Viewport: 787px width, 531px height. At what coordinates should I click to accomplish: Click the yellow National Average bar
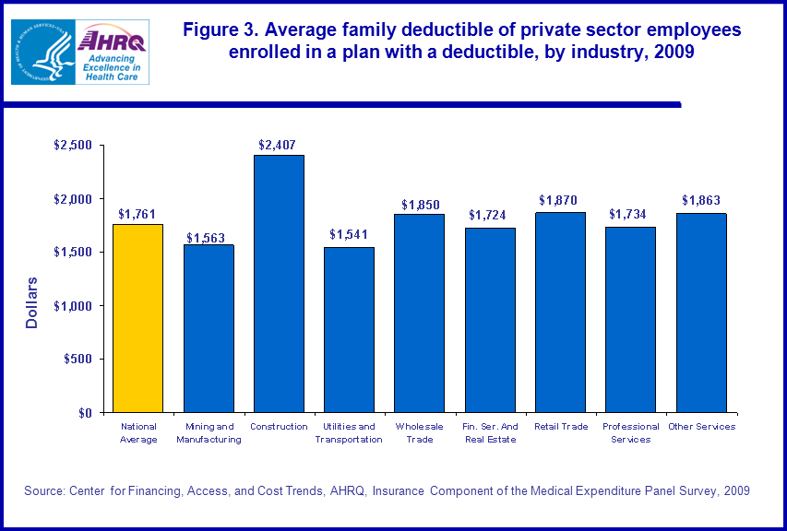[x=137, y=318]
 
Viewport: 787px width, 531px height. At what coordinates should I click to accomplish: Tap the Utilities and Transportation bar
[x=349, y=329]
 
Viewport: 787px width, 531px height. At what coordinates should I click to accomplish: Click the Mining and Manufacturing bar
[x=209, y=328]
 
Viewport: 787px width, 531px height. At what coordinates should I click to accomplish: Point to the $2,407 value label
[x=278, y=144]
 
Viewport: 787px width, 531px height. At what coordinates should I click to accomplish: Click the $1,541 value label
[x=349, y=235]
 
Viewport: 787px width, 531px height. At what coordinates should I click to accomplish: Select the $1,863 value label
[x=701, y=201]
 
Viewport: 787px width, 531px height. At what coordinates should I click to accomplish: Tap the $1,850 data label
[x=419, y=204]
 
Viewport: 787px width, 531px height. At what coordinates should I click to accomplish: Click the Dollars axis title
[x=32, y=301]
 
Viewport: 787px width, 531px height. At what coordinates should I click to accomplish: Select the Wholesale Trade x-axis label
[x=419, y=432]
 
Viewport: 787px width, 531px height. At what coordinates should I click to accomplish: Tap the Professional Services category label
[x=630, y=432]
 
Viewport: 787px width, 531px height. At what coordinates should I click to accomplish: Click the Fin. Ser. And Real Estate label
[x=489, y=432]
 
